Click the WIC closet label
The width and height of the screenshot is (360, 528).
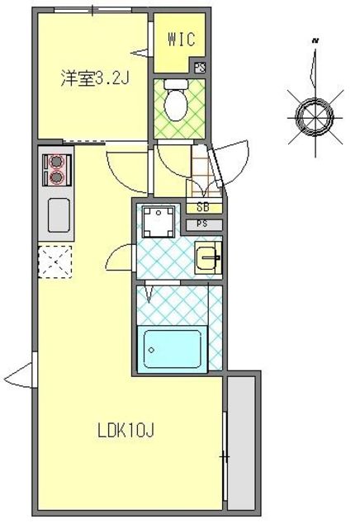[x=180, y=38]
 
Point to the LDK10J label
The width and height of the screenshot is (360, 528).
[x=126, y=430]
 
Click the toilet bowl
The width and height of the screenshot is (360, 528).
[x=175, y=103]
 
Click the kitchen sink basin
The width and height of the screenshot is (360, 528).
[x=58, y=216]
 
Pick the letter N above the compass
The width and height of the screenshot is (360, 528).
[x=315, y=39]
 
